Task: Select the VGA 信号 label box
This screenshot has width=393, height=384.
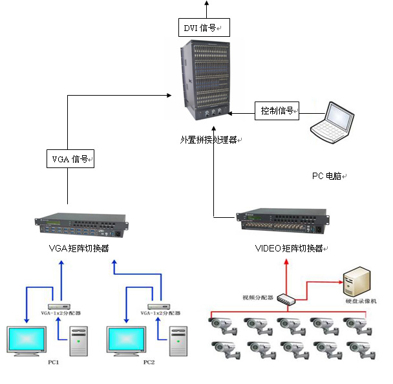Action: [70, 158]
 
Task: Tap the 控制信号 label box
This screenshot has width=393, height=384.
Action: [277, 111]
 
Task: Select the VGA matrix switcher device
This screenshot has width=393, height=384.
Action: [80, 224]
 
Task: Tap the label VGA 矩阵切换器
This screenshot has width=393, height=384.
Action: [79, 248]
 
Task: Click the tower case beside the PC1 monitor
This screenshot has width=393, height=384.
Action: [78, 341]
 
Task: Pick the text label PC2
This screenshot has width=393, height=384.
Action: [149, 362]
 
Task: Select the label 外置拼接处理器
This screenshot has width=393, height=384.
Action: [208, 139]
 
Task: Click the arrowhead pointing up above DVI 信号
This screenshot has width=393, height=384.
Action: [207, 3]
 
